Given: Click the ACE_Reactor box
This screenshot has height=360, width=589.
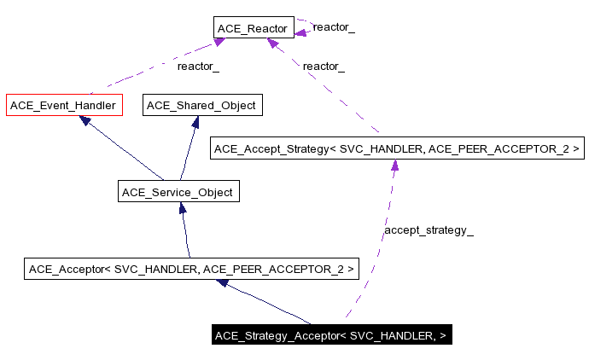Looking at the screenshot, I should point(254,29).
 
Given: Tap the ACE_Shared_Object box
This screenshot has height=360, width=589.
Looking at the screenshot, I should point(201,106).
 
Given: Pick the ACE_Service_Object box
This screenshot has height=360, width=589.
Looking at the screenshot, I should point(178,192).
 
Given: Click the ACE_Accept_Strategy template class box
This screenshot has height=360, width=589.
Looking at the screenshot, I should point(397,149).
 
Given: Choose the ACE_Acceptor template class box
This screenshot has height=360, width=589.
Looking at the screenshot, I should point(192,270).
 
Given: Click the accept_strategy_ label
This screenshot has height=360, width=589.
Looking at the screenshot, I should point(429,230).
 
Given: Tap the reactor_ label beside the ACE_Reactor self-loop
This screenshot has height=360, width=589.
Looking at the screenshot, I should point(334,27).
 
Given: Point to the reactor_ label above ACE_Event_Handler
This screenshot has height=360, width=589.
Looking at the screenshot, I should point(198,66).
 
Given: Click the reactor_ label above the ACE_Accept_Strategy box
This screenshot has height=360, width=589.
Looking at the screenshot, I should point(324,67).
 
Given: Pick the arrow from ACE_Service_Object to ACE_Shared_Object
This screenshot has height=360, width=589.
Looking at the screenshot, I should point(189,149).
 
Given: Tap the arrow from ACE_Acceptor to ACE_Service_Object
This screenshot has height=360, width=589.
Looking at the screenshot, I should point(184,230).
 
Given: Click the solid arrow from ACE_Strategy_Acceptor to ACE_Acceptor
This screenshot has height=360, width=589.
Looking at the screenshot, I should point(265,303).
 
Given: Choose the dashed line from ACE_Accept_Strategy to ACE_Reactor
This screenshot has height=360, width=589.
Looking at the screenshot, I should point(333,94).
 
